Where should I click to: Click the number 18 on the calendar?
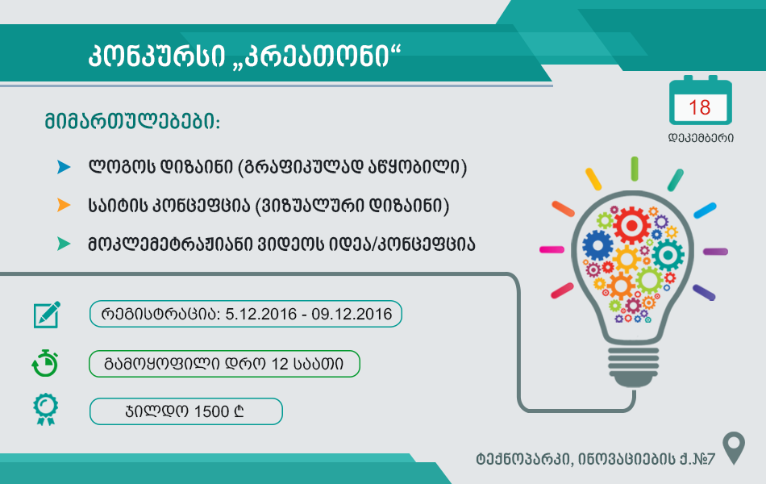700,107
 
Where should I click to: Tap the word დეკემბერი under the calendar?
701,138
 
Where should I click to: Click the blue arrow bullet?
64,167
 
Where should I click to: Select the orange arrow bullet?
64,205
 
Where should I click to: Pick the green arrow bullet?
64,244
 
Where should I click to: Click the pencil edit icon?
47,315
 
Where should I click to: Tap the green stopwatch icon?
45,363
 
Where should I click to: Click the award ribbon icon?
45,409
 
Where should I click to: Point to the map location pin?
734,448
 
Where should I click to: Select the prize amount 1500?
211,411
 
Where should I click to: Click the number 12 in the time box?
280,364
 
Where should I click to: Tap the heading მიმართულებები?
132,121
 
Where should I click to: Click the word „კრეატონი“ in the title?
317,55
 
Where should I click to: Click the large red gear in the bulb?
631,225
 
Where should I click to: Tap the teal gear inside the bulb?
668,255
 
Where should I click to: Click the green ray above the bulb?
634,169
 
